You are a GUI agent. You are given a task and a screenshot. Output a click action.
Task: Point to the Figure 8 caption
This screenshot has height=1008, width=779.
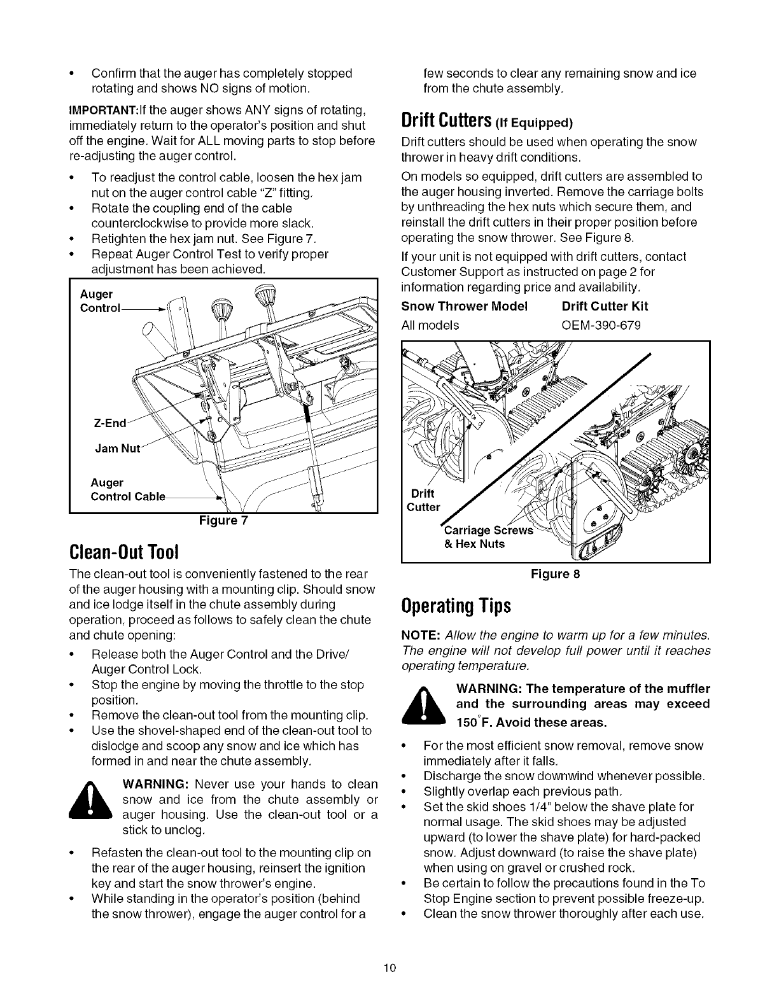coord(556,574)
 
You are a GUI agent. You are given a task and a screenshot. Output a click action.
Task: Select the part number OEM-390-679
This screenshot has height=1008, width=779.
coord(601,326)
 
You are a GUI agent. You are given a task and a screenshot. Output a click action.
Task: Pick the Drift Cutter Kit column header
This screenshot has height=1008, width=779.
coord(605,306)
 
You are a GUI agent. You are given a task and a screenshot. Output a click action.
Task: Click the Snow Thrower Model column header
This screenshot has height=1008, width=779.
coord(465,306)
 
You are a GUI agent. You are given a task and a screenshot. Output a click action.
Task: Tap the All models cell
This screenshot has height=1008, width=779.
coord(430,326)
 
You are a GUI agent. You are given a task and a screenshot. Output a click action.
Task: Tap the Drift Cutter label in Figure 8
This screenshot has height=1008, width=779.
coord(423,500)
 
